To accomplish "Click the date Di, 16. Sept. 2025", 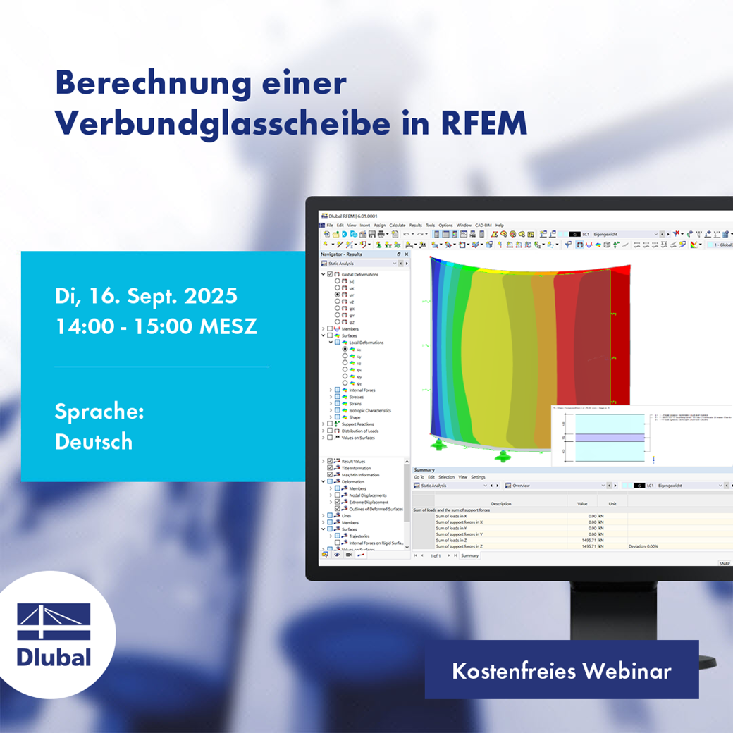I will (x=146, y=296).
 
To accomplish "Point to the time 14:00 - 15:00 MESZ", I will (x=156, y=326).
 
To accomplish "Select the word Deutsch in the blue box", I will (x=94, y=441).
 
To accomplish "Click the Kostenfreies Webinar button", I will (x=561, y=670).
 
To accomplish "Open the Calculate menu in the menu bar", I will (x=397, y=226).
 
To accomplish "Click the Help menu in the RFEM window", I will (x=499, y=226).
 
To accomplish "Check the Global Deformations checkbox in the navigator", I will (x=330, y=274).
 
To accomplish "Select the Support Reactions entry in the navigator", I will (x=359, y=424).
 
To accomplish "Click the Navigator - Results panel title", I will (x=341, y=254).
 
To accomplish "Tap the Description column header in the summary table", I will (x=501, y=504).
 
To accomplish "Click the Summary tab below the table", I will (x=469, y=555).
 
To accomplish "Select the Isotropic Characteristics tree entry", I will (x=369, y=410).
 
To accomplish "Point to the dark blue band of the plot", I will (x=435, y=352).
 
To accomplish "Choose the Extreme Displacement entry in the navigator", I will (x=369, y=502).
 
